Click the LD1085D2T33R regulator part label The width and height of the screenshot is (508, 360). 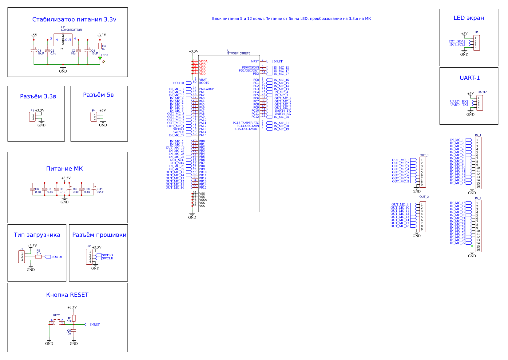71,30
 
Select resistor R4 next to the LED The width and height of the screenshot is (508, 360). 100,46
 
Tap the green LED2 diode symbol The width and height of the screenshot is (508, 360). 100,58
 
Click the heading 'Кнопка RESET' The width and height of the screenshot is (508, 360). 67,295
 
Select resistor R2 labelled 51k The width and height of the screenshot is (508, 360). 38,257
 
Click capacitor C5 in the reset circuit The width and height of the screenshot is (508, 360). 74,330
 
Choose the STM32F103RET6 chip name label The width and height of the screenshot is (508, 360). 239,53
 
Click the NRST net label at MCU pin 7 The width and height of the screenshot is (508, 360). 278,62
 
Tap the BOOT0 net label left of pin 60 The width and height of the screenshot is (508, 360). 178,83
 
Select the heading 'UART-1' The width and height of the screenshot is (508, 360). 470,78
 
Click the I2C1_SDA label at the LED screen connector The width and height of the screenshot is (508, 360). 456,41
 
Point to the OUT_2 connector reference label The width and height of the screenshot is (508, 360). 424,197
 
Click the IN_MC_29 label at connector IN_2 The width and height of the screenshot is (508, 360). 458,243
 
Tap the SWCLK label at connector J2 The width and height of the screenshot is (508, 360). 108,258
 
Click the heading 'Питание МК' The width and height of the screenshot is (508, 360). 64,169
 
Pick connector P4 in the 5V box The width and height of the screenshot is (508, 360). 93,117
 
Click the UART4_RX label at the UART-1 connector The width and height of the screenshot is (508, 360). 458,102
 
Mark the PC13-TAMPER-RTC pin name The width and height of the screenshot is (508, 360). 246,123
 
